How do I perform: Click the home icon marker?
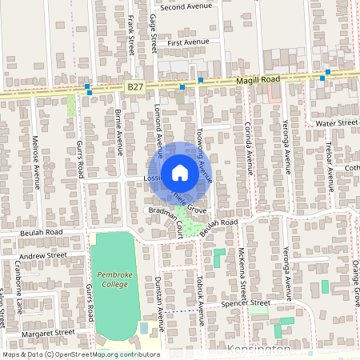tap(180, 172)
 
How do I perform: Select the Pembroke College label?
tap(113, 279)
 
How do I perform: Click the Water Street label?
tap(335, 123)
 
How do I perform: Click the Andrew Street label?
tap(43, 255)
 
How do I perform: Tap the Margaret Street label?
tap(48, 331)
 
